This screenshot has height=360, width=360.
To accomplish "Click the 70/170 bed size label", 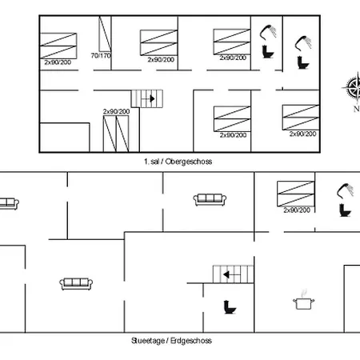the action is point(101,56).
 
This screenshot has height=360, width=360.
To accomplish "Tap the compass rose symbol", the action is point(353,87).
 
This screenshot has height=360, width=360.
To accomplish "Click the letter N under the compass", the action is point(357,109).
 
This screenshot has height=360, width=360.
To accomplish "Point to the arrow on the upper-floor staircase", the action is point(148,98).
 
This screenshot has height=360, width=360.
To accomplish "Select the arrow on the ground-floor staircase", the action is point(232,274).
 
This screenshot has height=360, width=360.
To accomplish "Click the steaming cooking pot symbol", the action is point(303,300).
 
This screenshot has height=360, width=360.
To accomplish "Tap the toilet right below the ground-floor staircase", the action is point(230,307).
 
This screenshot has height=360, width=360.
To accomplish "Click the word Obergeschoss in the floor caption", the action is point(189,162).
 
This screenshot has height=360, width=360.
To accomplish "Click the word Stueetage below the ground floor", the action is point(148,341).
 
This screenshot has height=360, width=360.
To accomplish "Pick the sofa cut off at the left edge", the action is point(10,204).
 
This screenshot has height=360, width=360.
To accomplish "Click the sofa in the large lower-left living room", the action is point(76,284).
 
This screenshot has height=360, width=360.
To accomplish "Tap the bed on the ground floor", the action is point(296,194).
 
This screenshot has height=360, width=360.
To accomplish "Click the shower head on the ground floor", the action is point(345,190).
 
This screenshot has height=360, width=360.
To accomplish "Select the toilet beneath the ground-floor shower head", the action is point(346,210).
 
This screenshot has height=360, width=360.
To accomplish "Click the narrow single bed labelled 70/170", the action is point(105,34).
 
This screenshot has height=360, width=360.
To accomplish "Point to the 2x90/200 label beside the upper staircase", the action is point(117,111).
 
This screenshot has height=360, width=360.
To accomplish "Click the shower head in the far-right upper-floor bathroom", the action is point(303,43).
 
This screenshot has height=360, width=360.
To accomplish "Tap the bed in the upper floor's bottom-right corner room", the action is point(301,118).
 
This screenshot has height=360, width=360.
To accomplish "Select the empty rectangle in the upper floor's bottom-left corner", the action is point(65,138).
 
